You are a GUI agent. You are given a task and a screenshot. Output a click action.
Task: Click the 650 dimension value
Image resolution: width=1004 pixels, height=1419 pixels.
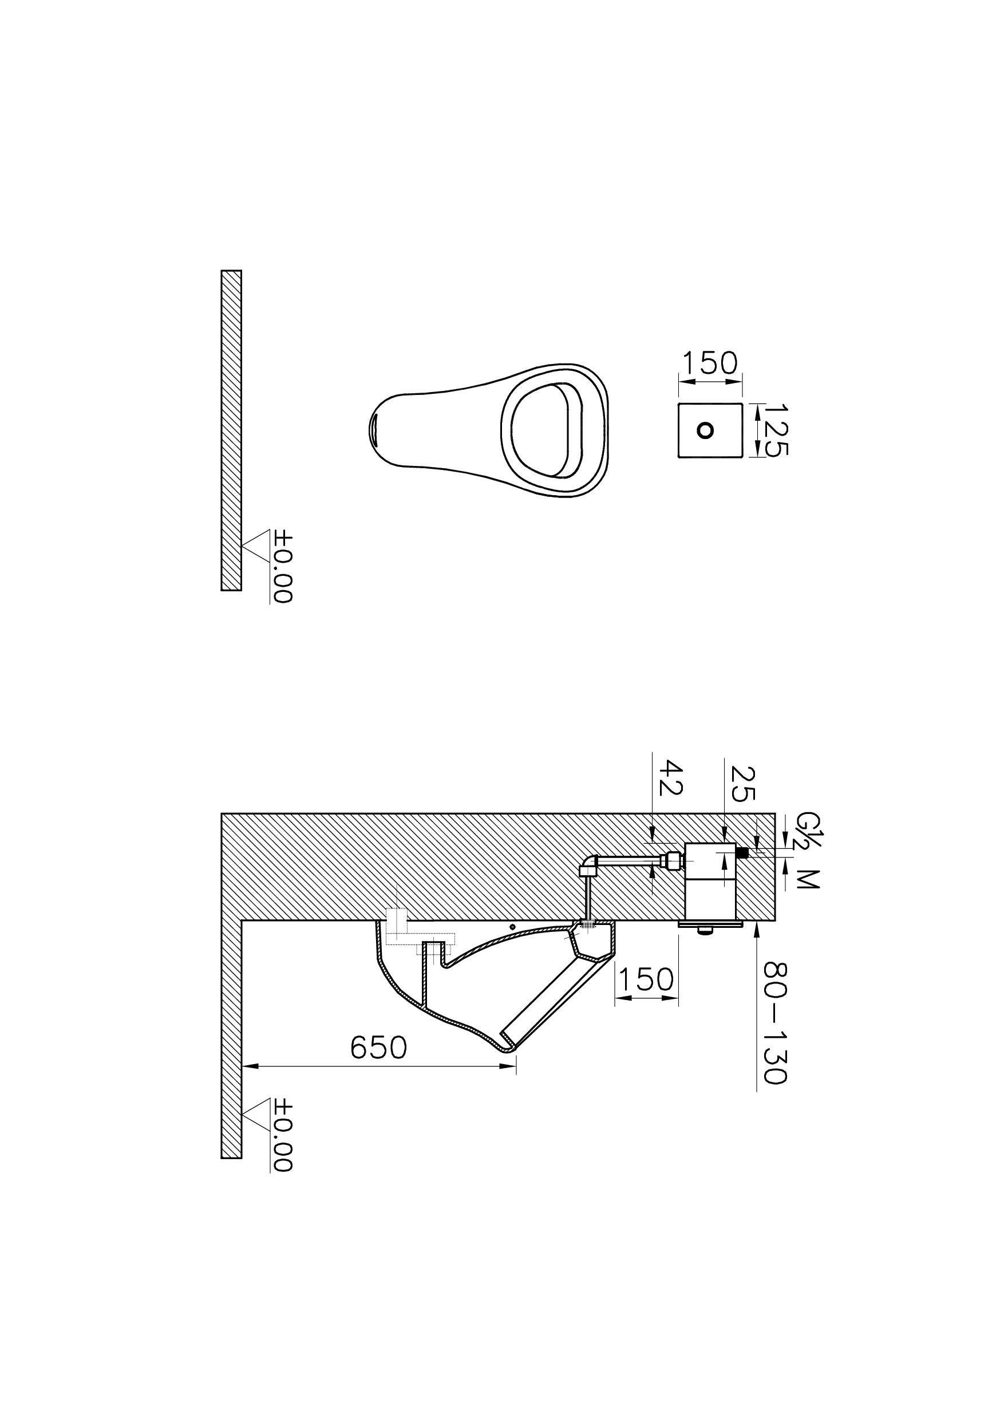(x=378, y=1048)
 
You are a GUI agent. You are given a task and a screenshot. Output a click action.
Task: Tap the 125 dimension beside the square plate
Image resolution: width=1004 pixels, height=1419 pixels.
(x=776, y=430)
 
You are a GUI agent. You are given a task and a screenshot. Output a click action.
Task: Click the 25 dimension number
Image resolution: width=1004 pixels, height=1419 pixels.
(x=742, y=784)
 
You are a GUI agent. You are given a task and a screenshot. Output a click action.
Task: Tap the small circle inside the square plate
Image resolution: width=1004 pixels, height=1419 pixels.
(x=705, y=430)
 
